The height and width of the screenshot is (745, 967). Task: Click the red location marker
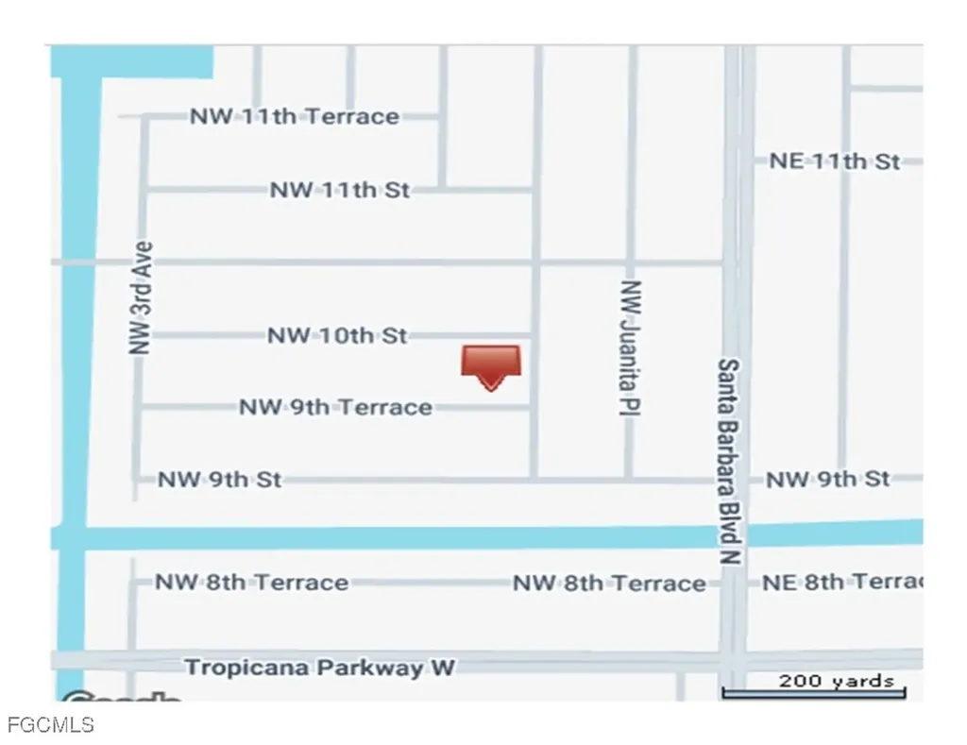(x=490, y=364)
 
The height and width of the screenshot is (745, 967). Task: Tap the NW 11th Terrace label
(x=294, y=117)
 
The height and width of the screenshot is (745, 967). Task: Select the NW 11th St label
(x=340, y=190)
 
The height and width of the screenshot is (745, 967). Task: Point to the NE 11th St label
(x=834, y=161)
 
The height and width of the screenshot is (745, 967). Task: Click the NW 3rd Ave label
(x=141, y=298)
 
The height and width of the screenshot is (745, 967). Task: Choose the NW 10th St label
(x=337, y=335)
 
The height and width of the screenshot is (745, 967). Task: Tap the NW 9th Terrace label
(x=335, y=407)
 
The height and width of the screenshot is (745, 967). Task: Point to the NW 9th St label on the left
(x=219, y=480)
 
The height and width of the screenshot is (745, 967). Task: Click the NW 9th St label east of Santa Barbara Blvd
(x=827, y=480)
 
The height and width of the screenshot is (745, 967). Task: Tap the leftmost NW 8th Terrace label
(x=251, y=583)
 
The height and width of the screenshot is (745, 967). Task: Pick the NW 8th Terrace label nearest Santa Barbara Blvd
(x=609, y=584)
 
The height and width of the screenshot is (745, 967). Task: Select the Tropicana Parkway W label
(x=319, y=668)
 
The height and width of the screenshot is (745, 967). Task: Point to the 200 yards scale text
(x=836, y=681)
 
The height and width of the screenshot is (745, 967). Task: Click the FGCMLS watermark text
(x=50, y=725)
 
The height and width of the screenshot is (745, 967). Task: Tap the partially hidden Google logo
(x=123, y=698)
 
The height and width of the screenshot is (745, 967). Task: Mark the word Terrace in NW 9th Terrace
(x=384, y=407)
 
